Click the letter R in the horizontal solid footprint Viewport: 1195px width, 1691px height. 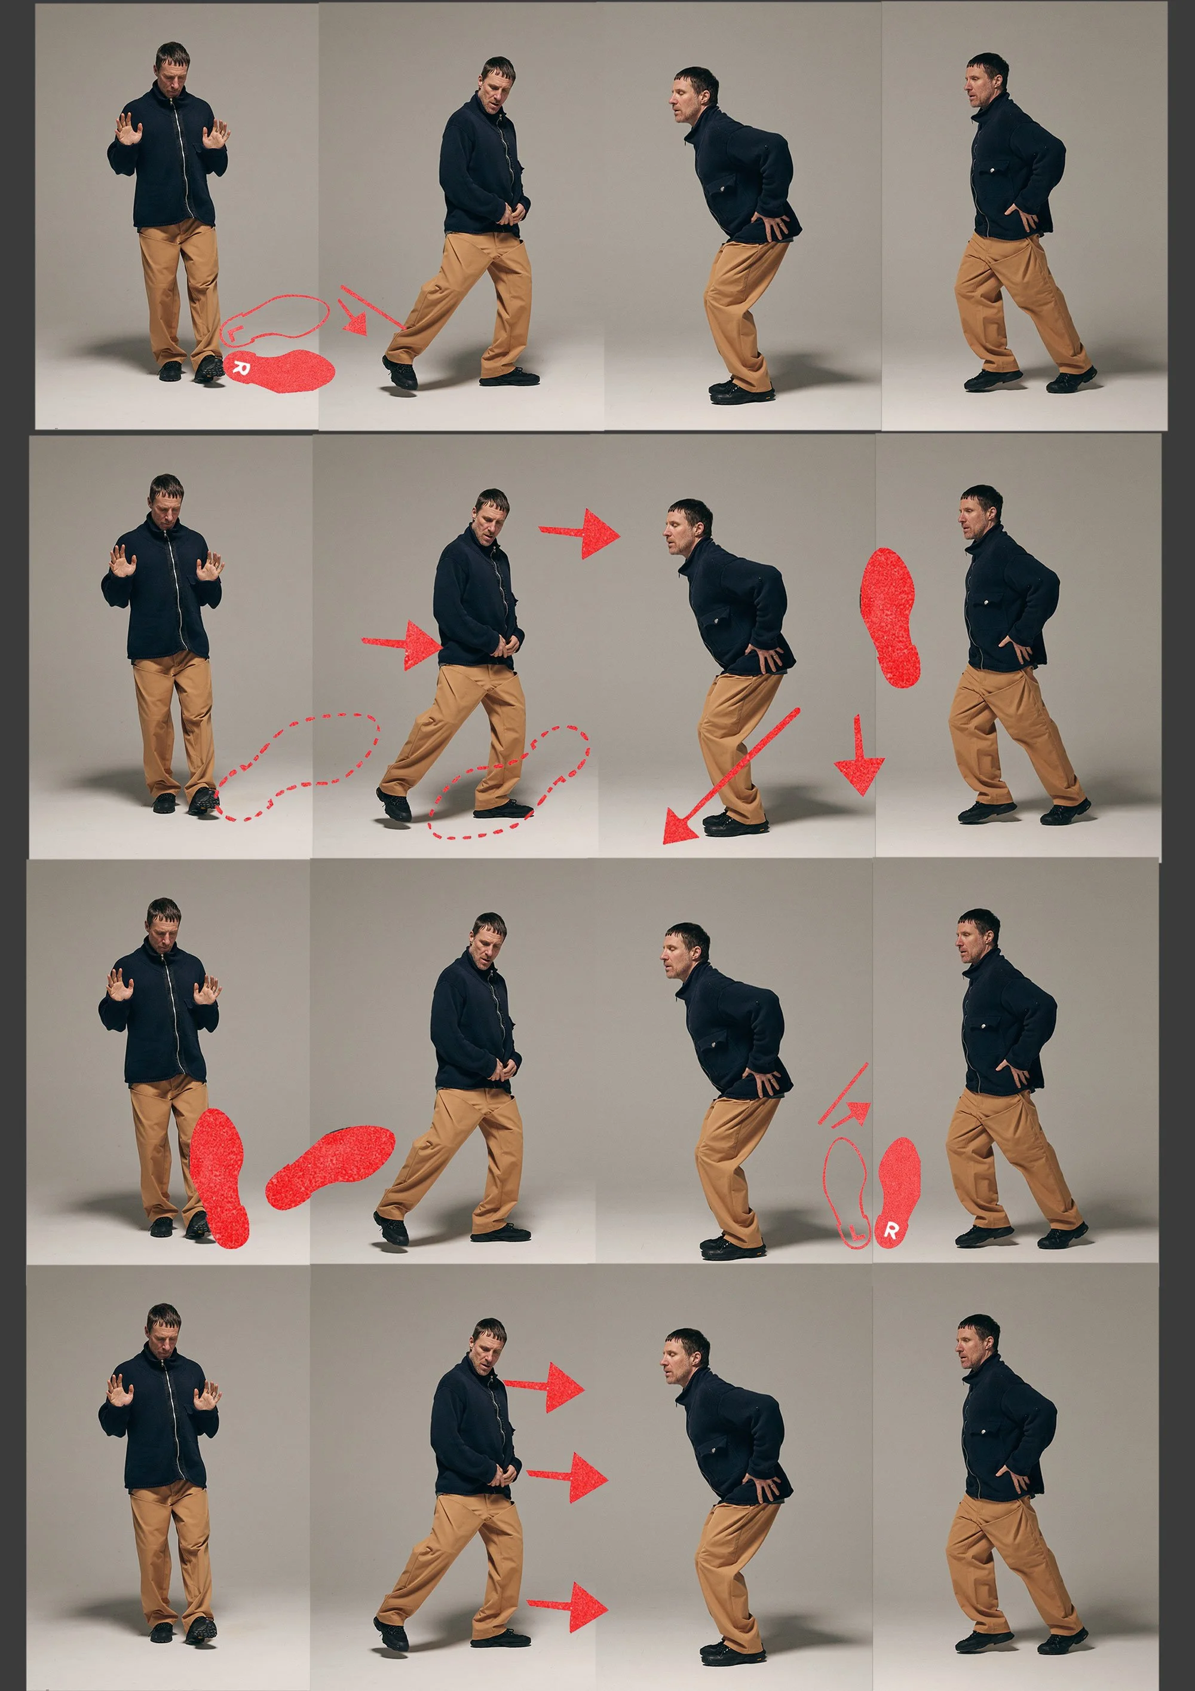pyautogui.click(x=239, y=369)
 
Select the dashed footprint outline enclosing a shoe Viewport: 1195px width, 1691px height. pyautogui.click(x=510, y=782)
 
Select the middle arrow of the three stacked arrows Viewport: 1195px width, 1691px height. pyautogui.click(x=568, y=1476)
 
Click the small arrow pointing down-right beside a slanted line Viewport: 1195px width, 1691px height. pyautogui.click(x=353, y=317)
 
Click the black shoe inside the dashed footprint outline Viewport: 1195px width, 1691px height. pyautogui.click(x=503, y=811)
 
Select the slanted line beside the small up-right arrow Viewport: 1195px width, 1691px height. pyautogui.click(x=843, y=1093)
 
